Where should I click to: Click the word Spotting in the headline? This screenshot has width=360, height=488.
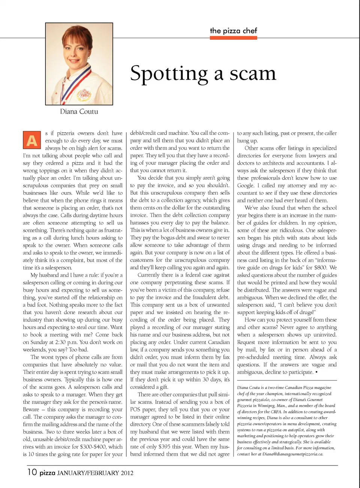coord(169,73)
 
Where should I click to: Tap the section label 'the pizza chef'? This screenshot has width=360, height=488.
coord(233,31)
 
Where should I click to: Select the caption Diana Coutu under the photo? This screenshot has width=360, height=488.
coord(79,111)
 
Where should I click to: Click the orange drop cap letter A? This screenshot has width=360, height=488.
coord(32,140)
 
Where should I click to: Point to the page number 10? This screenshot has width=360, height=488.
coord(32,472)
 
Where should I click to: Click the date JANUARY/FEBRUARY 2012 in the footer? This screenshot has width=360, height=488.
coord(95,473)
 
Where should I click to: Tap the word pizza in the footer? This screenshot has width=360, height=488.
coord(48,473)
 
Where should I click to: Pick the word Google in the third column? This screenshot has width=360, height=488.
coord(246,186)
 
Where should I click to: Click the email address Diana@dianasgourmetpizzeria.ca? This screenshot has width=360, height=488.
coord(292,454)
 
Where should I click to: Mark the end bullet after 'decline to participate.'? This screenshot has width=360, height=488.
coord(316,372)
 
